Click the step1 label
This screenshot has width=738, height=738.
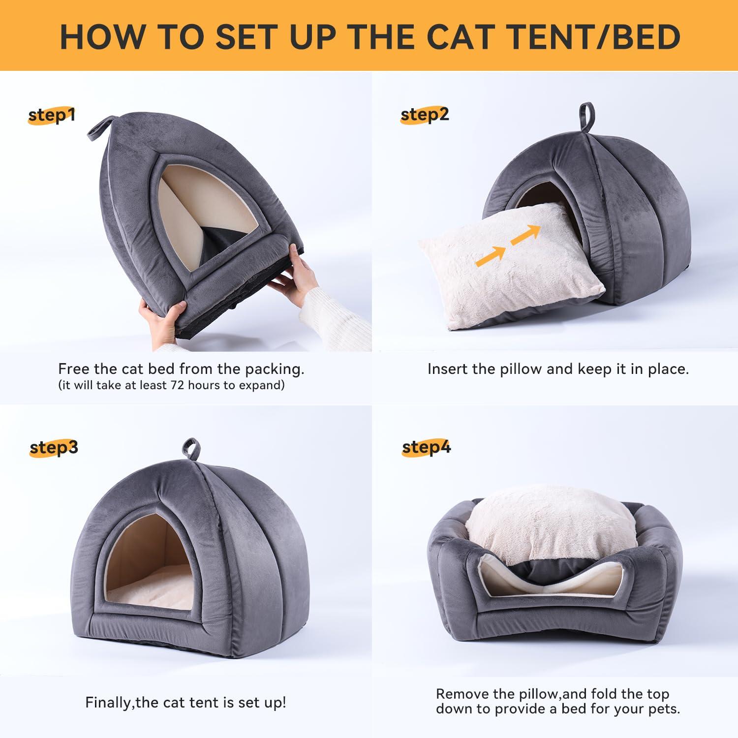pos(52,116)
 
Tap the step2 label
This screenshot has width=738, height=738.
pos(424,115)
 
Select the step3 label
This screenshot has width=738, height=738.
pos(54,448)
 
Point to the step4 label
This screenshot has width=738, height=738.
pos(426,448)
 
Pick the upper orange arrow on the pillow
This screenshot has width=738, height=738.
pos(525,235)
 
